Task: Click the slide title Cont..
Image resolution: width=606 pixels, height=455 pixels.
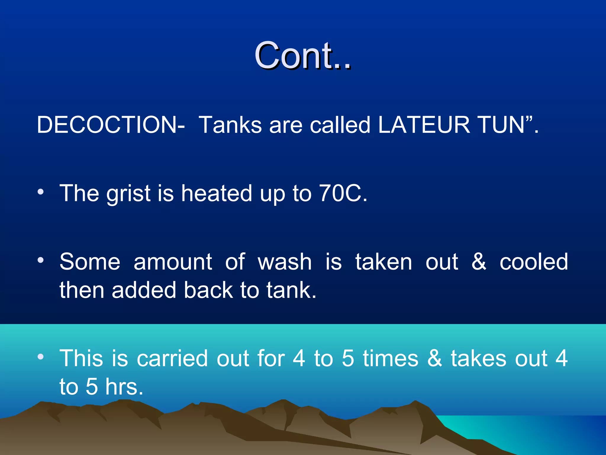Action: coord(302,55)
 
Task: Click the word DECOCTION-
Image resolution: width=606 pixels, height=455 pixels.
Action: coord(111,125)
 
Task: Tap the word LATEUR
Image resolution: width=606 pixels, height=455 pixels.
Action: coord(424,125)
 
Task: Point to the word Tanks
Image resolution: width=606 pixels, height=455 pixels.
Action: coord(230,125)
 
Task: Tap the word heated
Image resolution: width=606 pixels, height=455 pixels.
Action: coord(217,193)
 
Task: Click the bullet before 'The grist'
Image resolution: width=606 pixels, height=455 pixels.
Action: coord(41,192)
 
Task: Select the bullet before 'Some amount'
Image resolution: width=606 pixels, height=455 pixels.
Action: coord(41,260)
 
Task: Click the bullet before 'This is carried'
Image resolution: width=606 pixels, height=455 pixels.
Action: coord(41,357)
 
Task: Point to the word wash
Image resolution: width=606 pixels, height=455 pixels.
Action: coord(285,262)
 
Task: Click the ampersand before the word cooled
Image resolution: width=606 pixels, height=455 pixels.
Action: coord(479,262)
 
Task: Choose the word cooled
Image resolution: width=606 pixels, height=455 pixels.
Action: coord(534,262)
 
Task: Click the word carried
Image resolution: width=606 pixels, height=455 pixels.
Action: coord(172,358)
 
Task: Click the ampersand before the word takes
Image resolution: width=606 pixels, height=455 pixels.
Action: coord(434,358)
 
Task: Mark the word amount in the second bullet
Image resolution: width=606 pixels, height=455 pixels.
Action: coord(173,262)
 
